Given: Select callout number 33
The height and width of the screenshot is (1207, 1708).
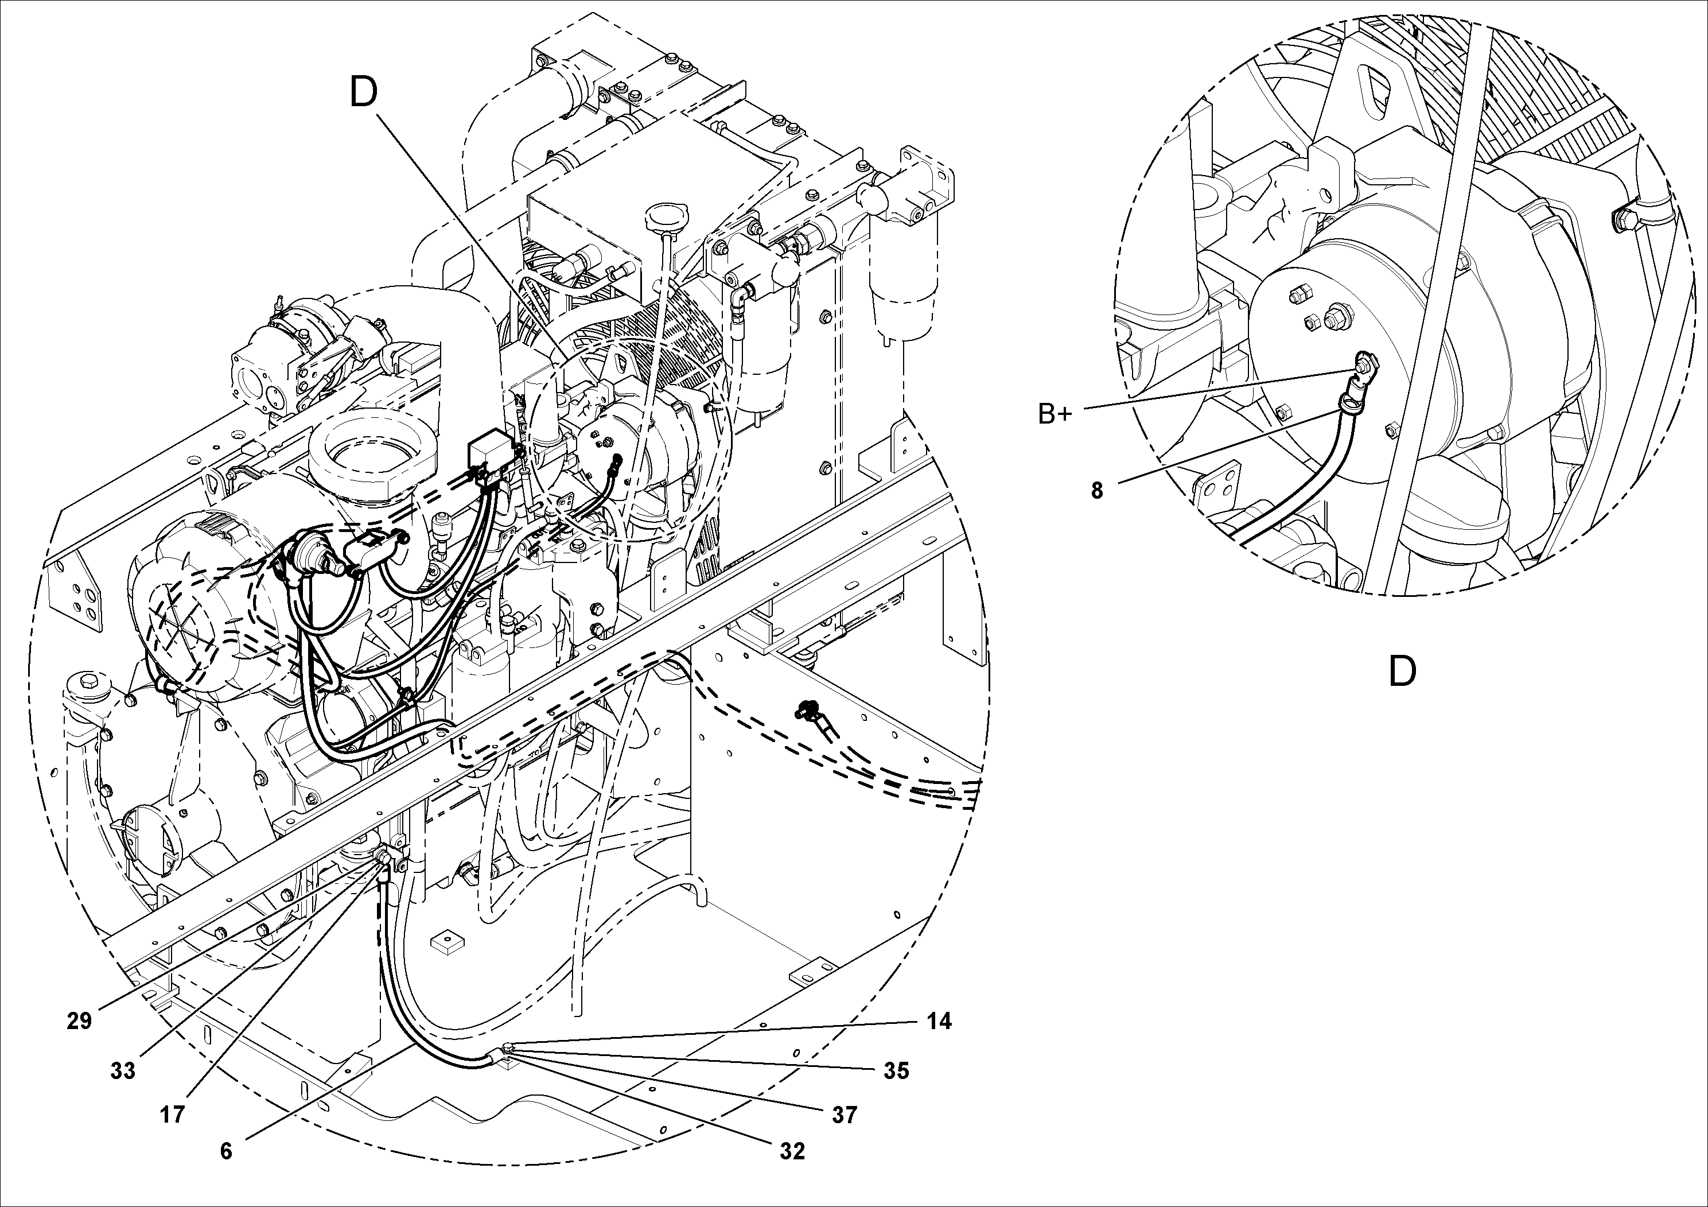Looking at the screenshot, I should coord(123,1071).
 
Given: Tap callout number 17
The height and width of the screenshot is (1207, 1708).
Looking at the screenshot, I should coord(172,1115).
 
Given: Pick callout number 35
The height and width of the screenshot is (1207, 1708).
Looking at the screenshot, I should coord(896,1071).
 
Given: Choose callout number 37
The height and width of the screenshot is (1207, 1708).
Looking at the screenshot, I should coord(845,1115).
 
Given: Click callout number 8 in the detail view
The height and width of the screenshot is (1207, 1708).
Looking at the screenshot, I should coord(1096,490).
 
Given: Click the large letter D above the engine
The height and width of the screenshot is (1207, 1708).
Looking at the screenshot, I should coord(364,93).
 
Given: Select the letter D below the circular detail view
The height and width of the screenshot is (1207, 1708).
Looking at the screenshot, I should coord(1402,672).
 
